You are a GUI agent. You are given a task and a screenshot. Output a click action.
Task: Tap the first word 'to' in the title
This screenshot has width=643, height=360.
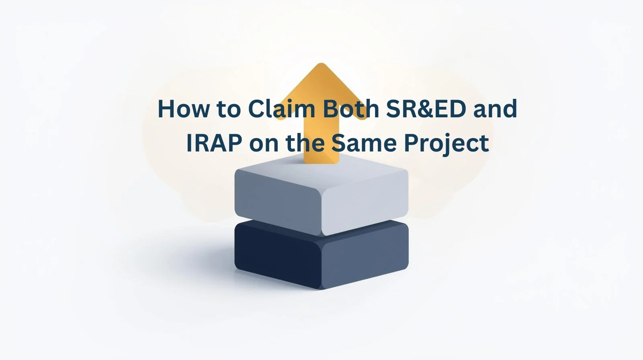(x=229, y=109)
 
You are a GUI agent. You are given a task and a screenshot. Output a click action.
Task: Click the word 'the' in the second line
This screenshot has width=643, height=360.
(x=305, y=143)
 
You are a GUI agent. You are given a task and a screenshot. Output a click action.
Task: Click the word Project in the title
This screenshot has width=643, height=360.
(x=446, y=143)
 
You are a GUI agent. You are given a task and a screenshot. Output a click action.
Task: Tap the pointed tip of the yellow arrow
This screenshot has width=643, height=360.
(x=320, y=65)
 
